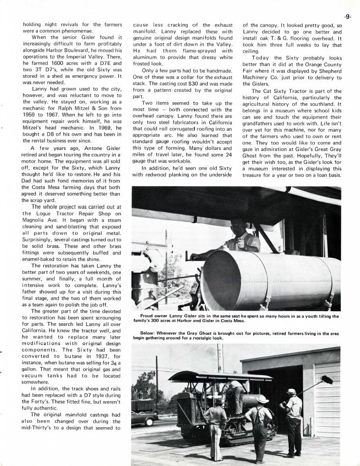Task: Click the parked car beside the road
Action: point(144,417)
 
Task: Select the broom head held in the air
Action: point(327,379)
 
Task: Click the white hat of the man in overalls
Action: point(263,399)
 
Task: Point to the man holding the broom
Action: point(294,420)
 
